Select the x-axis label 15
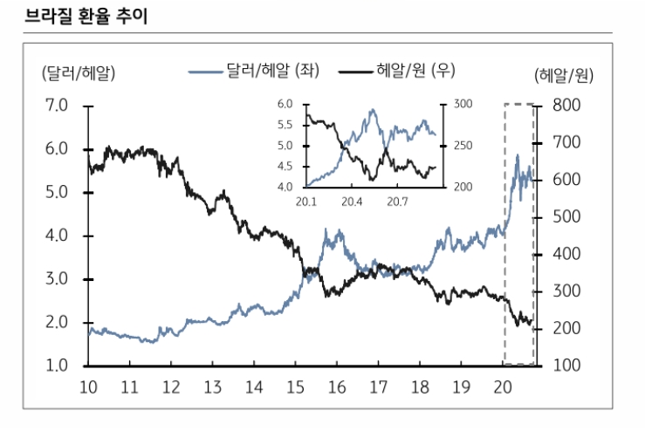(295, 387)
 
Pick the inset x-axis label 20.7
(398, 202)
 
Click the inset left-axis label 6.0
(285, 105)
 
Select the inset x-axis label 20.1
(305, 202)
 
